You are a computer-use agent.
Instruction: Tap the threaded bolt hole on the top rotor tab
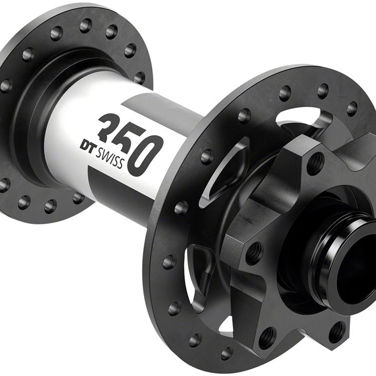click(315, 162)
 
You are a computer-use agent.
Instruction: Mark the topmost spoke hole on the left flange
click(86, 25)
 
